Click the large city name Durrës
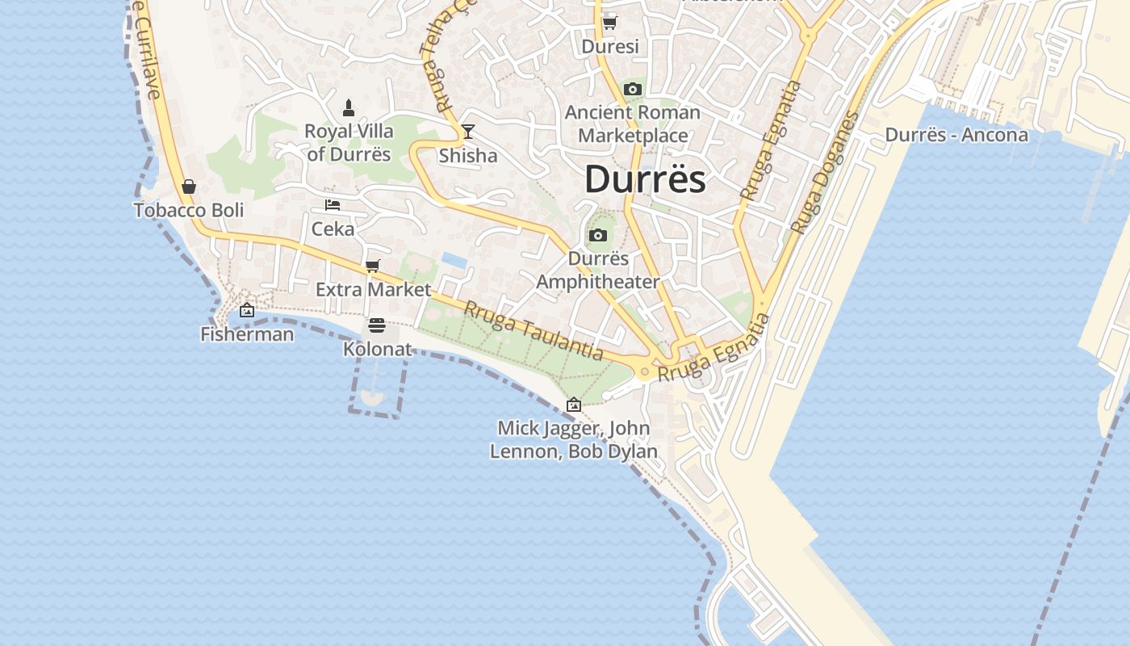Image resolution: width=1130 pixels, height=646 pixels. point(645,179)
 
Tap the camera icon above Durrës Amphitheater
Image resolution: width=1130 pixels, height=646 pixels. point(598,236)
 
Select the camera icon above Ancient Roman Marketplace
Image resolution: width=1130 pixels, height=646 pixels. point(633,90)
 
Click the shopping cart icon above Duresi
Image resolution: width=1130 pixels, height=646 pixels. point(610,23)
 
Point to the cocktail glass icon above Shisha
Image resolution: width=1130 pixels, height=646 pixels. point(468,132)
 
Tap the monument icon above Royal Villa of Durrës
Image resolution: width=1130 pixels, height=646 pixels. point(349,107)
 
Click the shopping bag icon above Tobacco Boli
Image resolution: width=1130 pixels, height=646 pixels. point(189,187)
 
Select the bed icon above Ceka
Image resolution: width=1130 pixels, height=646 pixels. point(333,205)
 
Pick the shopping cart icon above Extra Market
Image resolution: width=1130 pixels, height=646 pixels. point(373,266)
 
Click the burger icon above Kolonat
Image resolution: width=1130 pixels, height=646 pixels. point(377,325)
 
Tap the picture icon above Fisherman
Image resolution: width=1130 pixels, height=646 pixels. point(247,310)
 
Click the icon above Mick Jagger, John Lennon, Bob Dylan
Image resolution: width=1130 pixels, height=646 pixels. point(574,405)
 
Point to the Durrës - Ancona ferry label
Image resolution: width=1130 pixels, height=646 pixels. point(956,135)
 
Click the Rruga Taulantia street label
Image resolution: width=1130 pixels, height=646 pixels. point(534,330)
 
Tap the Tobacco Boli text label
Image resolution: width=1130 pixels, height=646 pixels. point(189,210)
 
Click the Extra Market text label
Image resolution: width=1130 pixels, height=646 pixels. point(373,289)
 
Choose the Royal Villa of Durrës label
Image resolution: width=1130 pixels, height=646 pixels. point(349,142)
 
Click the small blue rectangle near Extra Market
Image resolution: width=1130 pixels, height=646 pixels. point(454,260)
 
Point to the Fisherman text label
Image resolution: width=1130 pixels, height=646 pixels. point(247,333)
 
